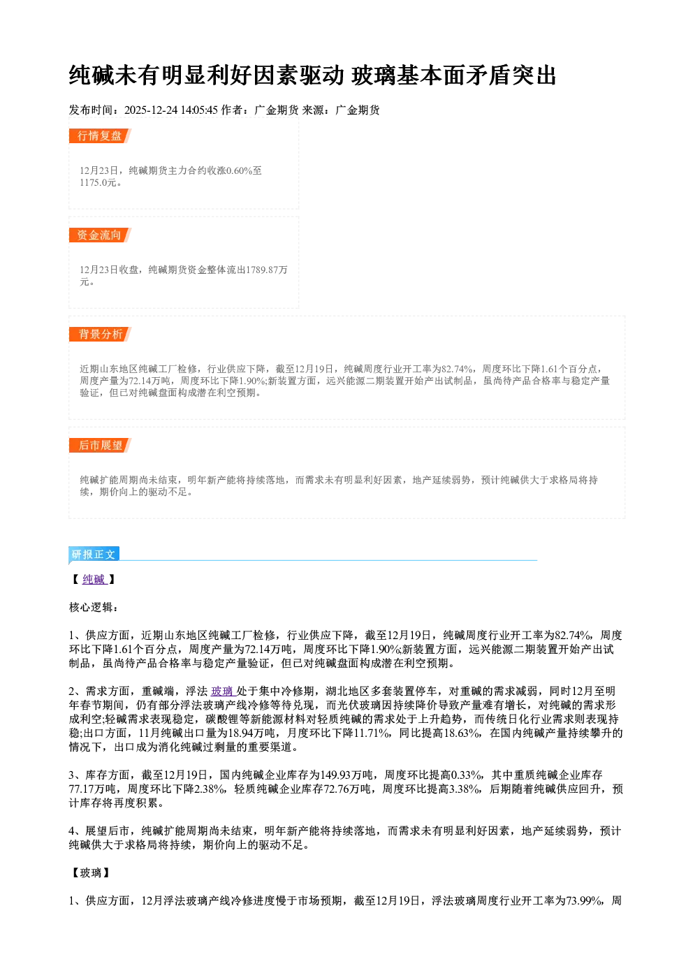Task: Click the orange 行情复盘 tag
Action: tap(100, 136)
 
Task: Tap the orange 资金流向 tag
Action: tap(100, 235)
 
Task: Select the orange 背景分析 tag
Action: tap(100, 335)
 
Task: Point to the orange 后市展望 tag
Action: tap(100, 446)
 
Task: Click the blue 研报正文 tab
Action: tap(94, 555)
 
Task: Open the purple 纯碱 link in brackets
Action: tap(94, 579)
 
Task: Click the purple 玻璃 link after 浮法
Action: tap(222, 692)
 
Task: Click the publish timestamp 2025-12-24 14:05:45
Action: tap(171, 110)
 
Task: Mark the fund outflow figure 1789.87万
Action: tap(267, 270)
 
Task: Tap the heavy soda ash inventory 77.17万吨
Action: tap(92, 789)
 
